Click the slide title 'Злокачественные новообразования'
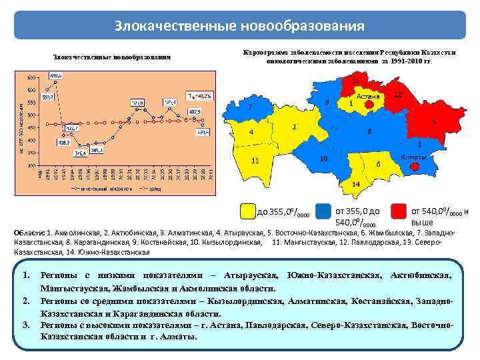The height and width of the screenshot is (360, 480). pyautogui.click(x=239, y=26)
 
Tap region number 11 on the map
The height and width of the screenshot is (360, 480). pyautogui.click(x=255, y=161)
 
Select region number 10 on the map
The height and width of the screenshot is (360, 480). pyautogui.click(x=323, y=159)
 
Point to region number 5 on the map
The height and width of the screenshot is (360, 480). pyautogui.click(x=434, y=122)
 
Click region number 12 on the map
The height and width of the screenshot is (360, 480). pyautogui.click(x=397, y=95)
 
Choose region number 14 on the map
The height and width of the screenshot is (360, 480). pyautogui.click(x=356, y=183)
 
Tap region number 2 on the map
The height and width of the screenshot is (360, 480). pyautogui.click(x=294, y=127)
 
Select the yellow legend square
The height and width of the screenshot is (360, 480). pyautogui.click(x=248, y=211)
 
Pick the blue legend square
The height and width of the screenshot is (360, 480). pyautogui.click(x=324, y=211)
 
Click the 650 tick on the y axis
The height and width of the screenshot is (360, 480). pyautogui.click(x=31, y=74)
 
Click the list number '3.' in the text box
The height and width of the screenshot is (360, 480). pyautogui.click(x=27, y=325)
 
